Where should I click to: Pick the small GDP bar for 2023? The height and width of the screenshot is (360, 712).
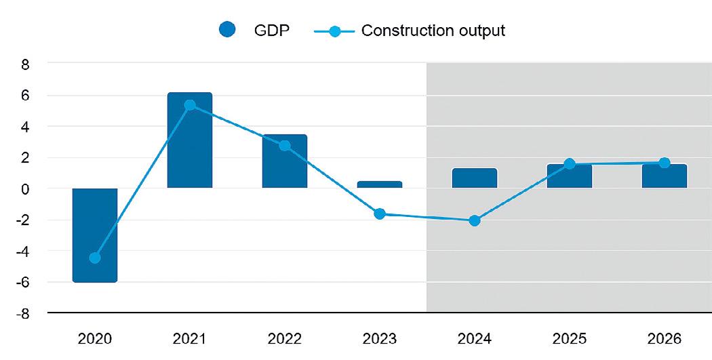380,184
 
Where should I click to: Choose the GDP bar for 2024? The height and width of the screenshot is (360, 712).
475,178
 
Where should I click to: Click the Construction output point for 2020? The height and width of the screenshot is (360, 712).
95,258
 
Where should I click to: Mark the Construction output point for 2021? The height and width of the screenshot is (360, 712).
190,105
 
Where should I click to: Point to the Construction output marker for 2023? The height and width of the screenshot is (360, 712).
380,214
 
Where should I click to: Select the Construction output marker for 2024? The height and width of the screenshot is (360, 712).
475,220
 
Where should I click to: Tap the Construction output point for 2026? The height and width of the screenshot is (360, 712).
665,163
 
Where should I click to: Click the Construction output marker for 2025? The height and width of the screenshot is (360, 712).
570,164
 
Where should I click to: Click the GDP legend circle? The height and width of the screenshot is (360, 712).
228,31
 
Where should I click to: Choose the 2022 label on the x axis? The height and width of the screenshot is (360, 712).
285,338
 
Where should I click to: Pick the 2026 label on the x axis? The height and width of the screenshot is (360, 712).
665,338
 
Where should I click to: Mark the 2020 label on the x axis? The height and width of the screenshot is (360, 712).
95,338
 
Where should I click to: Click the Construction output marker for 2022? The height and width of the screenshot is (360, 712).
285,146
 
